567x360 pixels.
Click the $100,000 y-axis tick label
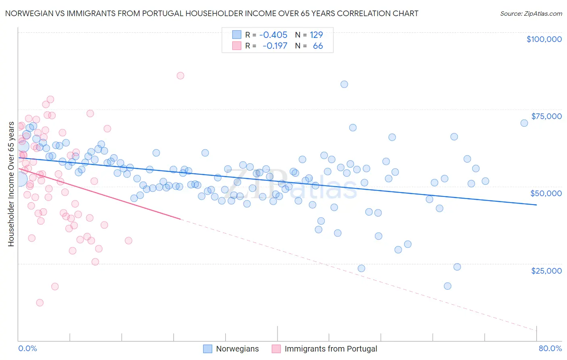(x=544, y=39)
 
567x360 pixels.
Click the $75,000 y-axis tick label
(x=546, y=116)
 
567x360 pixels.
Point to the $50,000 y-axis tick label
(x=546, y=193)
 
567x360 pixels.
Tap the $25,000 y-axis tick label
(x=546, y=270)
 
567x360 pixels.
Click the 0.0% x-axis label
(x=27, y=348)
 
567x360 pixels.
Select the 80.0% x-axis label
(x=550, y=348)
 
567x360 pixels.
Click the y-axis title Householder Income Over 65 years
(x=11, y=184)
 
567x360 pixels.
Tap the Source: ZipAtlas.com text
(x=531, y=13)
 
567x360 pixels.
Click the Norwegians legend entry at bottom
(x=237, y=349)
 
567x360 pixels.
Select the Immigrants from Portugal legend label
(x=331, y=349)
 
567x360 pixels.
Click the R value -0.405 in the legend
(x=273, y=35)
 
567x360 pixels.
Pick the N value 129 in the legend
(x=316, y=35)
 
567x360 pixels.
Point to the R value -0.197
(x=275, y=46)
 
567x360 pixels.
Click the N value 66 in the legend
(x=318, y=46)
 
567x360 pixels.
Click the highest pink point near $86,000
(x=180, y=75)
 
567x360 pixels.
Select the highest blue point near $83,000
(x=344, y=84)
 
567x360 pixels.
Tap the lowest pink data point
(x=40, y=303)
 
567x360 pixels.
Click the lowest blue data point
(x=447, y=286)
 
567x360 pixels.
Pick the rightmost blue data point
(x=524, y=123)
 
